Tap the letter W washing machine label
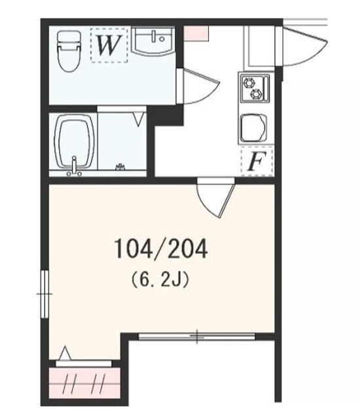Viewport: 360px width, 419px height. pos(108,45)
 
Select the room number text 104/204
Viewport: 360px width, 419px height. pos(160,248)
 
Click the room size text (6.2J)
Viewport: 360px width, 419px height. pos(160,280)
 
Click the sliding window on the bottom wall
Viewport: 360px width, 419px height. pos(196,337)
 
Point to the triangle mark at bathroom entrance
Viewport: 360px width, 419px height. pos(138,118)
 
